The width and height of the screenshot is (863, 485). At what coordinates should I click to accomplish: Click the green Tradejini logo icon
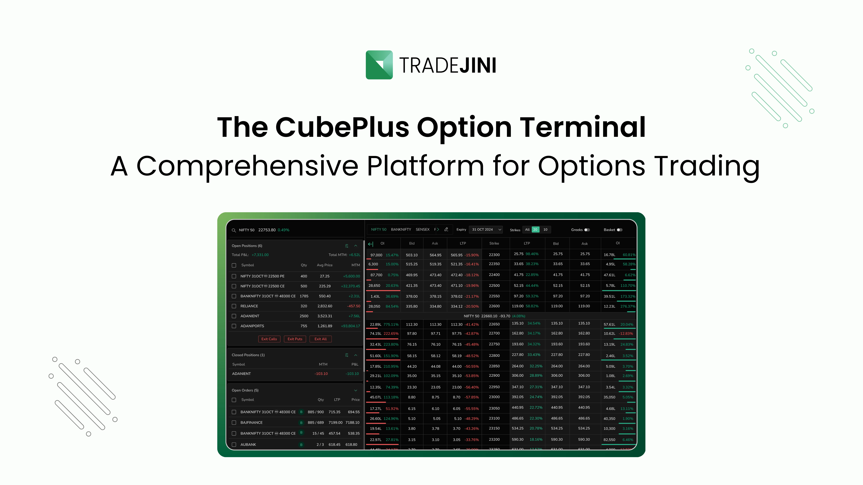point(379,65)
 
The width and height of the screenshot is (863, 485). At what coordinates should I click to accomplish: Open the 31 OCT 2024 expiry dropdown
point(486,230)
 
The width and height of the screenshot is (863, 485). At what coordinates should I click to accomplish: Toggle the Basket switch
point(619,230)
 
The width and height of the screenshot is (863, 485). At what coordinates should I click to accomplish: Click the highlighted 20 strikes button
point(535,230)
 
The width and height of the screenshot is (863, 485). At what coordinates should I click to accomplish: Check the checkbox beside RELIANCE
point(234,306)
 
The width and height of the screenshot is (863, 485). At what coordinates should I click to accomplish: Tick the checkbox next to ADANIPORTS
point(234,326)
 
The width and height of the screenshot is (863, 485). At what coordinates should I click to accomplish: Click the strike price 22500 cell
point(494,286)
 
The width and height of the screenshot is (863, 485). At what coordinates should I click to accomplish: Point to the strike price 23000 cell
point(494,397)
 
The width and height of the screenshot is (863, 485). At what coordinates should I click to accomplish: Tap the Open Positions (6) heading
point(247,246)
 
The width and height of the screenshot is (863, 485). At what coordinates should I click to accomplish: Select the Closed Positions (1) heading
point(248,355)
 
